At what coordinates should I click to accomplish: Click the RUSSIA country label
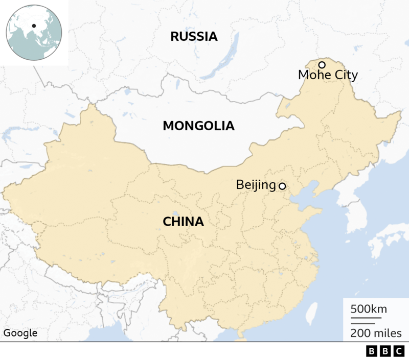click(x=194, y=36)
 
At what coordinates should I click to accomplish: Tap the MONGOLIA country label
click(x=198, y=126)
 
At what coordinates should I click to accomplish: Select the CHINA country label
click(x=183, y=222)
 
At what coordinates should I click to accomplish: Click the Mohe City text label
click(x=328, y=76)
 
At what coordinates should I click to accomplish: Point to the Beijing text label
click(x=256, y=185)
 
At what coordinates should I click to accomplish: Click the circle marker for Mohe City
click(x=322, y=65)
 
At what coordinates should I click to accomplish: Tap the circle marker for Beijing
click(x=282, y=186)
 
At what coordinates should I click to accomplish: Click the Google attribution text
click(x=20, y=333)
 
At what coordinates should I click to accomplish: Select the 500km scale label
click(x=369, y=309)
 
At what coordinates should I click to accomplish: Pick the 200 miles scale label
click(x=376, y=333)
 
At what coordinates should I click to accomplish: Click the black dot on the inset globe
click(x=34, y=26)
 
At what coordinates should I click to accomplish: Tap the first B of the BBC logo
click(x=371, y=352)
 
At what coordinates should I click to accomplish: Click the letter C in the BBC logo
click(x=397, y=352)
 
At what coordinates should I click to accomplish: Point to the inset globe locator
click(x=34, y=32)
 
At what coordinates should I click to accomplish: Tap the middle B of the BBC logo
click(x=384, y=352)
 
